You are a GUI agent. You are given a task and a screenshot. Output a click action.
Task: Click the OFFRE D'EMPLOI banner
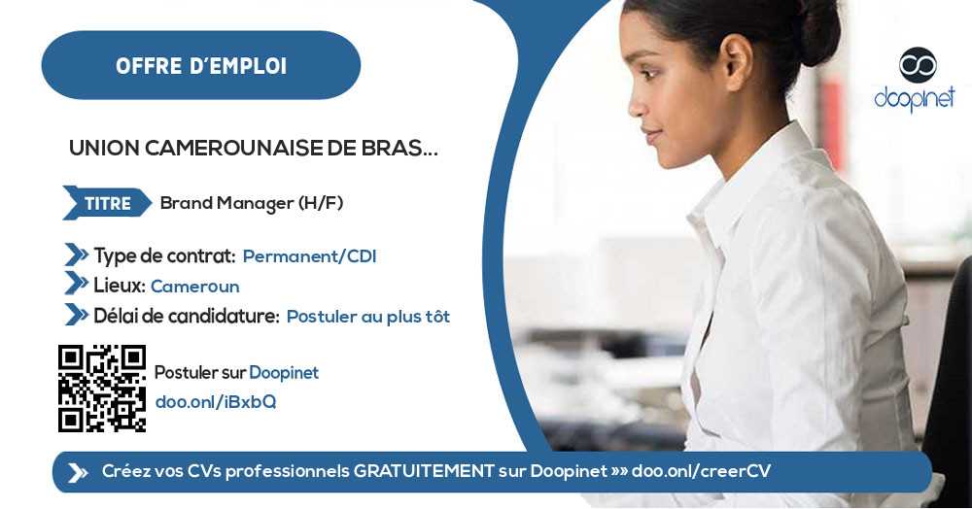point(200,66)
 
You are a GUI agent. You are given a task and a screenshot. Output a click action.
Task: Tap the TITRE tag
point(107,203)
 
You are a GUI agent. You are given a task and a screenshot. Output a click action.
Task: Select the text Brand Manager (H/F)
point(252,203)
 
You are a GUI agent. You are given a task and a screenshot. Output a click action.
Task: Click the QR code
point(102,388)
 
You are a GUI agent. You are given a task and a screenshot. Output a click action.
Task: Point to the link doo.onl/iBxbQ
point(216,402)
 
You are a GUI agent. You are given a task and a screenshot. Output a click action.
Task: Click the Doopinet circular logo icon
point(917,65)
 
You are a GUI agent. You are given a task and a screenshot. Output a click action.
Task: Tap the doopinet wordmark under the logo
point(915,98)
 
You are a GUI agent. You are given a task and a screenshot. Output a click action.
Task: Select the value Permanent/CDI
point(309,256)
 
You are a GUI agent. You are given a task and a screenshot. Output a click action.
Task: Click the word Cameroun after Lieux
point(194,287)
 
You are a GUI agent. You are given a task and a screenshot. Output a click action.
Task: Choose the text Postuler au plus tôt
point(367,317)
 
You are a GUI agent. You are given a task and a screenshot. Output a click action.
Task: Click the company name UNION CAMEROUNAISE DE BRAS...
point(253,149)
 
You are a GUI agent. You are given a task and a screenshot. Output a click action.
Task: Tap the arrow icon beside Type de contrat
point(76,255)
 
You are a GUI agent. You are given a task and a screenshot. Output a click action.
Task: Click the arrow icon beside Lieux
point(76,285)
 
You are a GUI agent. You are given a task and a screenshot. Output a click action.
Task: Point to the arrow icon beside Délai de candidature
point(76,315)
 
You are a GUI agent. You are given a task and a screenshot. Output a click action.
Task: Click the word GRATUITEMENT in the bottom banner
point(423,471)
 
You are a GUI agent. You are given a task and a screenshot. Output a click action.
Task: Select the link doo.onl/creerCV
point(701,471)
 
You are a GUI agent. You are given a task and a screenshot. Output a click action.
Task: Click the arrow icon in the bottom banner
point(78,472)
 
